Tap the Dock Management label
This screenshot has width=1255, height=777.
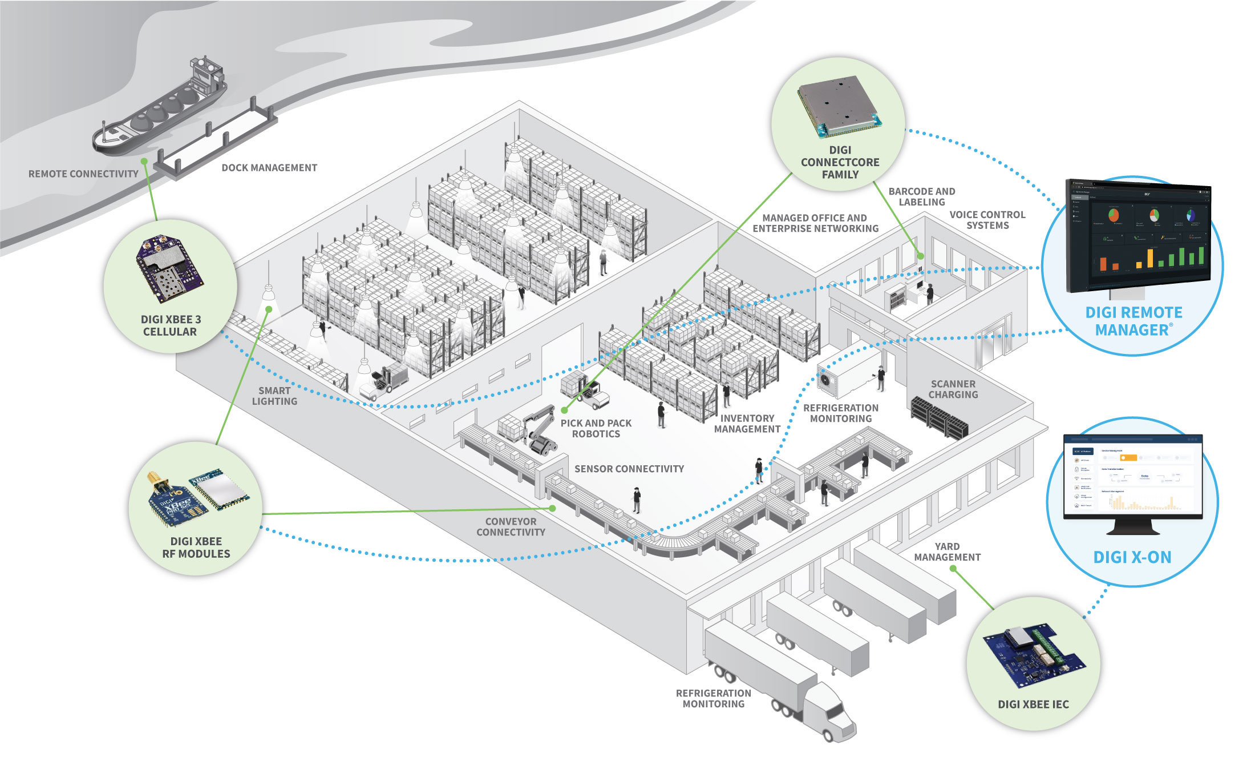point(269,168)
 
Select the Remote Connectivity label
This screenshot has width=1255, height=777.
point(83,174)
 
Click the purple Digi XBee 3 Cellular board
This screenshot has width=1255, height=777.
point(168,268)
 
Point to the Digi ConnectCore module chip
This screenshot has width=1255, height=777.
point(839,106)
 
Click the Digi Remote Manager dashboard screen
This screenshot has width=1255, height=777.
point(1138,237)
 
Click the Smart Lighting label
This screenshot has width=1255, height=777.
point(274,396)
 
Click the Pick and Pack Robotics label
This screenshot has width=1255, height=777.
point(596,428)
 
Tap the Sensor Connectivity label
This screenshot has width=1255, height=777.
point(629,469)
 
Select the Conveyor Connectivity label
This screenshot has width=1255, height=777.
point(511,526)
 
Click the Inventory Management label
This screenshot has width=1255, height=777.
point(747,424)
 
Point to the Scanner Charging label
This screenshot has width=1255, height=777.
point(953,389)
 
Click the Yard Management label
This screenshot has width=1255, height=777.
point(947,551)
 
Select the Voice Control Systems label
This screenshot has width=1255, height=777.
point(987,220)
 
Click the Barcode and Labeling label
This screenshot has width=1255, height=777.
point(921,196)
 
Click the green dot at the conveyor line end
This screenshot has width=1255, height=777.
point(552,508)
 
